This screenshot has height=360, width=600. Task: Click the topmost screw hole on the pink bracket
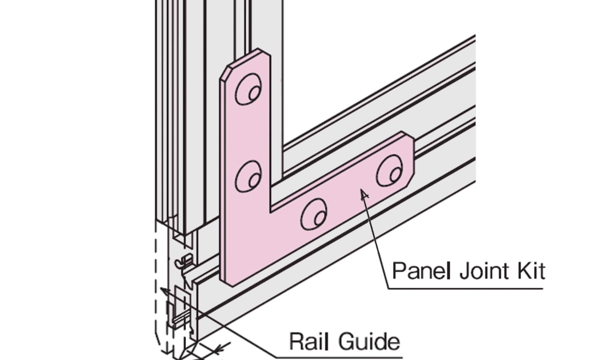pos(248,91)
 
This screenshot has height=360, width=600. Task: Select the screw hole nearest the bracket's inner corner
pos(314,214)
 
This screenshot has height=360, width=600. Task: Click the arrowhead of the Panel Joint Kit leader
pos(362,193)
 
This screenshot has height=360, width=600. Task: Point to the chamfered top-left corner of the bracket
pos(226,71)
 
